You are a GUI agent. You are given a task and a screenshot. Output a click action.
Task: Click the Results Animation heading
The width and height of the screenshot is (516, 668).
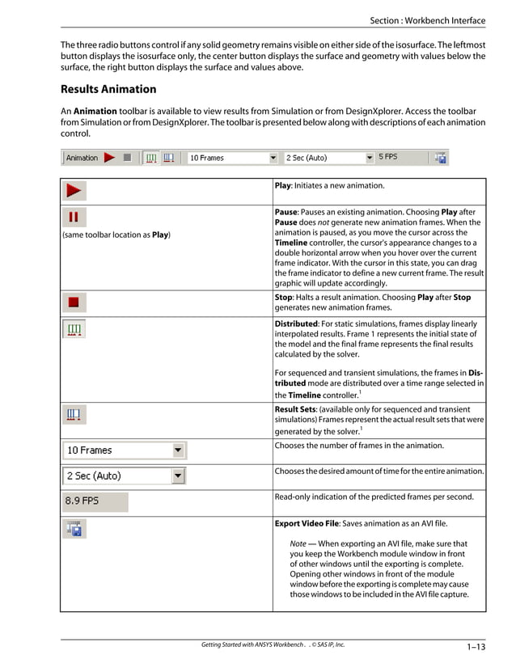[x=108, y=89]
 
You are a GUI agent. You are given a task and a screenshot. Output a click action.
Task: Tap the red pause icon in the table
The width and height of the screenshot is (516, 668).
[x=74, y=218]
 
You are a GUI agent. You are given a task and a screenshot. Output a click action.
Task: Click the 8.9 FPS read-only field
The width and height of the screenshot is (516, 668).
[x=95, y=501]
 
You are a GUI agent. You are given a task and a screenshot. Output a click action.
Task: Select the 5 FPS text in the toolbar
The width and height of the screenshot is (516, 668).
[x=388, y=157]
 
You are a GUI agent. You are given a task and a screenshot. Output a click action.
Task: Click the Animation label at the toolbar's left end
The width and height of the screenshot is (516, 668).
[x=82, y=158]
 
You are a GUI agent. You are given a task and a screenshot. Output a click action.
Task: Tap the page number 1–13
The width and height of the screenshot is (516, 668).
[x=476, y=646]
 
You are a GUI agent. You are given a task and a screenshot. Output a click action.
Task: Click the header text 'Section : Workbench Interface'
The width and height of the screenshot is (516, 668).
[x=428, y=20]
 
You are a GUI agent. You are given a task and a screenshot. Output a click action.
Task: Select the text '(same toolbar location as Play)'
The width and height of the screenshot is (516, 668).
[x=116, y=235]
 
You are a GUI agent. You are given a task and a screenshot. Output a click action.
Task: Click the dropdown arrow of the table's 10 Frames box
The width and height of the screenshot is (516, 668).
[x=178, y=450]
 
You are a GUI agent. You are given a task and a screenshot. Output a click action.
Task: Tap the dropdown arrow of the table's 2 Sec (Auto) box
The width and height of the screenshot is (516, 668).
[x=178, y=476]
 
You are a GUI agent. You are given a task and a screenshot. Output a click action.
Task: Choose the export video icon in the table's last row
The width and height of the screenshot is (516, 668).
[x=74, y=529]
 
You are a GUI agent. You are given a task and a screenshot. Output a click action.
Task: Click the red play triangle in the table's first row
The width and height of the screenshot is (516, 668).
[x=74, y=192]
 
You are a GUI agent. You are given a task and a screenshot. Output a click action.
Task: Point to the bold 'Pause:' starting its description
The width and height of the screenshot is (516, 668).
[x=289, y=212]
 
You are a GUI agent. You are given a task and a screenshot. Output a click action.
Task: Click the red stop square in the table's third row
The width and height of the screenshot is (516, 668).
[x=74, y=302]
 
